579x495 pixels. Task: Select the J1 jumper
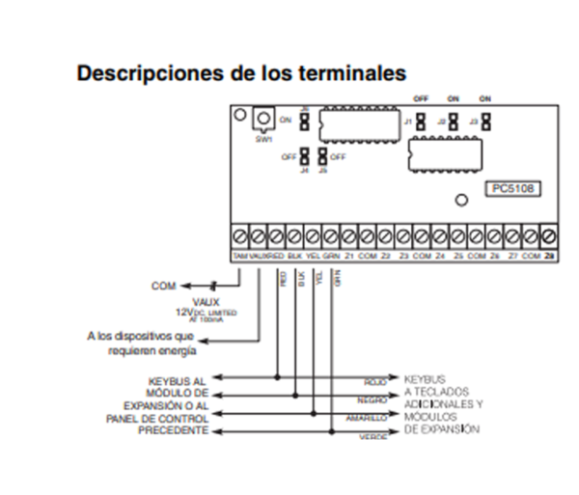[x=422, y=123]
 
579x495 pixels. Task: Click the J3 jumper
[x=486, y=123]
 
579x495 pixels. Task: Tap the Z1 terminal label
[x=349, y=256]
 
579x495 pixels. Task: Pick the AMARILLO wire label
[x=367, y=419]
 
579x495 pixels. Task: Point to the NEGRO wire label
[x=372, y=399]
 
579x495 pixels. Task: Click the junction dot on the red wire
[x=279, y=376]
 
